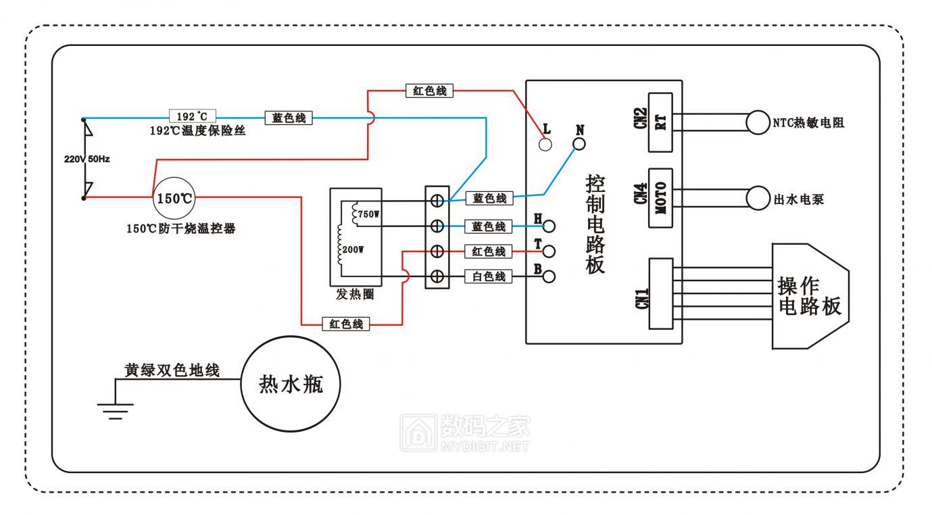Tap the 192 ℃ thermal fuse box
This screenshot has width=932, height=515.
pyautogui.click(x=192, y=117)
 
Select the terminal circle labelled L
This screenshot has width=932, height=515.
pyautogui.click(x=545, y=144)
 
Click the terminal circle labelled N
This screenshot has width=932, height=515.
pyautogui.click(x=578, y=144)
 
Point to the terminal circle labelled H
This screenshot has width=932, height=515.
pyautogui.click(x=549, y=226)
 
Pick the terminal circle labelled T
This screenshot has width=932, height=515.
pyautogui.click(x=549, y=251)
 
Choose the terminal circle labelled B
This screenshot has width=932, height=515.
pyautogui.click(x=549, y=276)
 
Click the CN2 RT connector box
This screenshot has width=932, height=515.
pyautogui.click(x=660, y=122)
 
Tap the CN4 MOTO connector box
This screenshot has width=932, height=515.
pyautogui.click(x=660, y=197)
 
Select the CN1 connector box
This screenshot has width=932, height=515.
pyautogui.click(x=660, y=294)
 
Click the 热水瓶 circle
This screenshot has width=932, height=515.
pyautogui.click(x=291, y=385)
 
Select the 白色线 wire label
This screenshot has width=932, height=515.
pyautogui.click(x=489, y=276)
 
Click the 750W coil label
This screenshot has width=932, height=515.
pyautogui.click(x=369, y=214)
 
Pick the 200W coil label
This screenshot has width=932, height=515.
pyautogui.click(x=354, y=249)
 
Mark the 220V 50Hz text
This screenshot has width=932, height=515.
pyautogui.click(x=87, y=159)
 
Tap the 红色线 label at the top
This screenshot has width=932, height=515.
pyautogui.click(x=429, y=91)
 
